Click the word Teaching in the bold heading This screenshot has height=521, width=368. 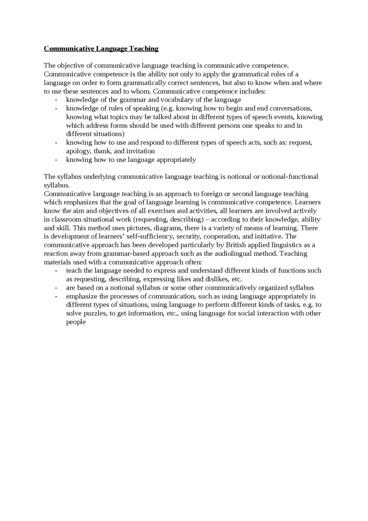point(143,48)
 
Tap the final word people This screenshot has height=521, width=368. point(76,321)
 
